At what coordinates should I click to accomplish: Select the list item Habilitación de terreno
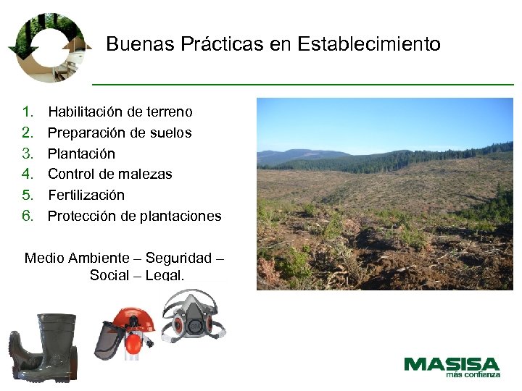point(120,112)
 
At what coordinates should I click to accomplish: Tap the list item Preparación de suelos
point(120,133)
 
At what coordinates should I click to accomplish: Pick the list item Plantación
point(81,154)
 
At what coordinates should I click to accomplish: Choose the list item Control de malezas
point(110,174)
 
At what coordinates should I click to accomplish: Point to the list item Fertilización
point(86,195)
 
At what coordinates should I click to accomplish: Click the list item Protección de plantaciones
point(135,216)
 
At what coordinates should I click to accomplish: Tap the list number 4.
point(28,174)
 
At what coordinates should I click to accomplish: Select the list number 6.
point(28,216)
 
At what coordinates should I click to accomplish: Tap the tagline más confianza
point(473,375)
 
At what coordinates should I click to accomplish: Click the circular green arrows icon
point(50,46)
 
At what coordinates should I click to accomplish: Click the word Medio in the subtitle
point(45,258)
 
